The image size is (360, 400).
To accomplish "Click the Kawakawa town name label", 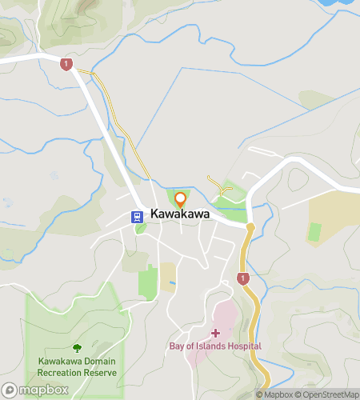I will tap(180, 214).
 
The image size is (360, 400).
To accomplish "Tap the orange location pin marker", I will tap(180, 199).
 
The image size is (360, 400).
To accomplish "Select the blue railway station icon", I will tap(138, 215).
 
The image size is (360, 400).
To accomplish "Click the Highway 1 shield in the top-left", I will tap(66, 64).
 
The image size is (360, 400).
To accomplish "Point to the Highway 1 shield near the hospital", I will tap(242, 278).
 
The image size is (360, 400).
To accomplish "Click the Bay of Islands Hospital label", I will tap(214, 346).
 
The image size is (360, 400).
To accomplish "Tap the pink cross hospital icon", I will tap(214, 332).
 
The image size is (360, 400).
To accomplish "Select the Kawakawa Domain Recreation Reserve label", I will tap(77, 367).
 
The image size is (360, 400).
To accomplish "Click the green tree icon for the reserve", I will tap(77, 348).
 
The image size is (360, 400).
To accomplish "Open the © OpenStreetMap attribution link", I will tap(327, 394).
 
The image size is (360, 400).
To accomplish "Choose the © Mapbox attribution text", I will tap(274, 394).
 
